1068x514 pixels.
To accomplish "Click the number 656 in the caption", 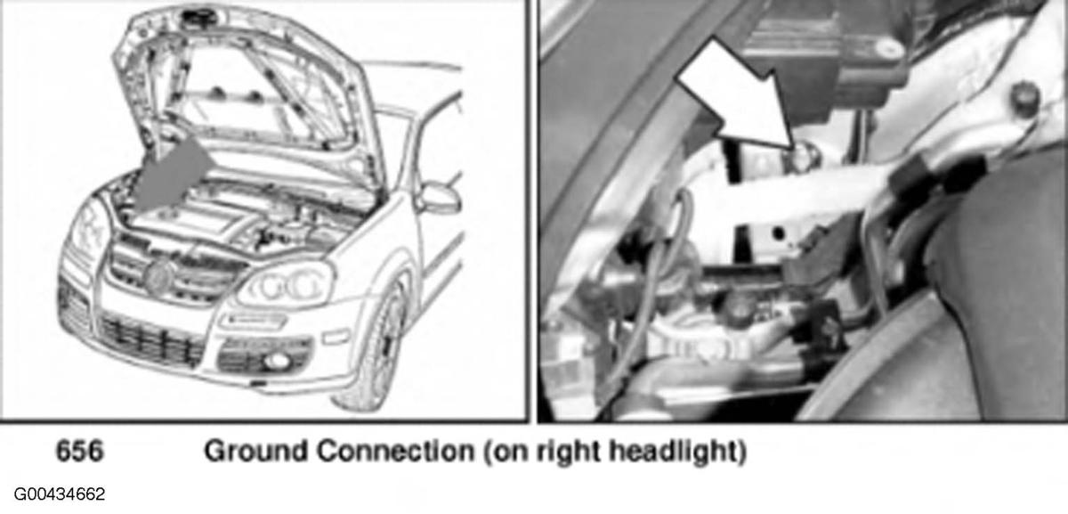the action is pyautogui.click(x=79, y=451).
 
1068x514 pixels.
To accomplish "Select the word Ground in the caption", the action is pyautogui.click(x=256, y=451).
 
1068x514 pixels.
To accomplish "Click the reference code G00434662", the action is pyautogui.click(x=60, y=494).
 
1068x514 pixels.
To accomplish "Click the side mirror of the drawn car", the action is pyautogui.click(x=440, y=197).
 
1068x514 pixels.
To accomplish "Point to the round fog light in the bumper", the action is pyautogui.click(x=277, y=362).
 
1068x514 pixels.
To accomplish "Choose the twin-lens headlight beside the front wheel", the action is pyautogui.click(x=286, y=285).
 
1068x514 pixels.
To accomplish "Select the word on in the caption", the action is pyautogui.click(x=509, y=453).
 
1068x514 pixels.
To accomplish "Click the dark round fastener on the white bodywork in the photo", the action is pyautogui.click(x=1023, y=99).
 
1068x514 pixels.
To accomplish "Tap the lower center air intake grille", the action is pyautogui.click(x=152, y=339).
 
